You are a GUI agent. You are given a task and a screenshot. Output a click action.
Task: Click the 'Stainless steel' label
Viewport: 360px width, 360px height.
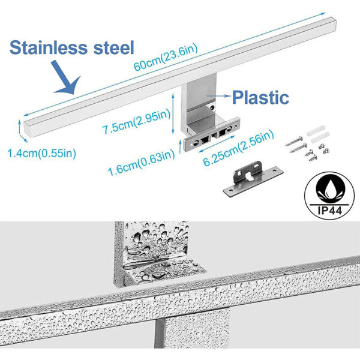pyautogui.click(x=72, y=47)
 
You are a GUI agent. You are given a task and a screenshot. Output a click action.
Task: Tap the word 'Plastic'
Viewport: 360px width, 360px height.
pyautogui.click(x=260, y=97)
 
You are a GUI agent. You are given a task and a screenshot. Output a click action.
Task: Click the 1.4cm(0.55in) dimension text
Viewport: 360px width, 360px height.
pyautogui.click(x=41, y=153)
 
